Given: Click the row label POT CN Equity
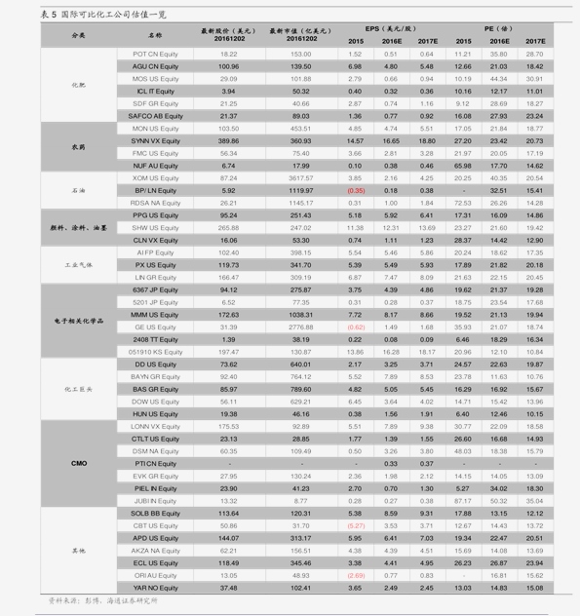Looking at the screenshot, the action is click(155, 54).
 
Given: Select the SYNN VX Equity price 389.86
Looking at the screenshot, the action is click(229, 140).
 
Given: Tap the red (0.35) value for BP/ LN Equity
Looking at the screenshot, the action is click(356, 190).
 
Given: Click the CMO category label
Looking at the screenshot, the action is click(80, 463).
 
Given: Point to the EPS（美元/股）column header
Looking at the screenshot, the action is click(391, 29).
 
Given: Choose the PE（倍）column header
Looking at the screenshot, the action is click(499, 29).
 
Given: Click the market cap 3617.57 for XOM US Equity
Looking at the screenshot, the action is click(300, 178).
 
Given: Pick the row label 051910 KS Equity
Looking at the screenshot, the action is click(155, 352).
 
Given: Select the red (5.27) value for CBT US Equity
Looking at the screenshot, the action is click(356, 525).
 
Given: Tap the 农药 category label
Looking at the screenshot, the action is click(78, 146).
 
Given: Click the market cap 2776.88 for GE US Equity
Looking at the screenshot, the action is click(300, 327).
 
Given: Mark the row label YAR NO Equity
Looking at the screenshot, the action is click(155, 588).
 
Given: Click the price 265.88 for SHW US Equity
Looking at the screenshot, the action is click(229, 227).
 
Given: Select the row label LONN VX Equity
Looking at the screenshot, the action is click(155, 426).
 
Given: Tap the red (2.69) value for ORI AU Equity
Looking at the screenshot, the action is click(356, 575).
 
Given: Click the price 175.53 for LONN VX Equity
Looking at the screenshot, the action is click(229, 426).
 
